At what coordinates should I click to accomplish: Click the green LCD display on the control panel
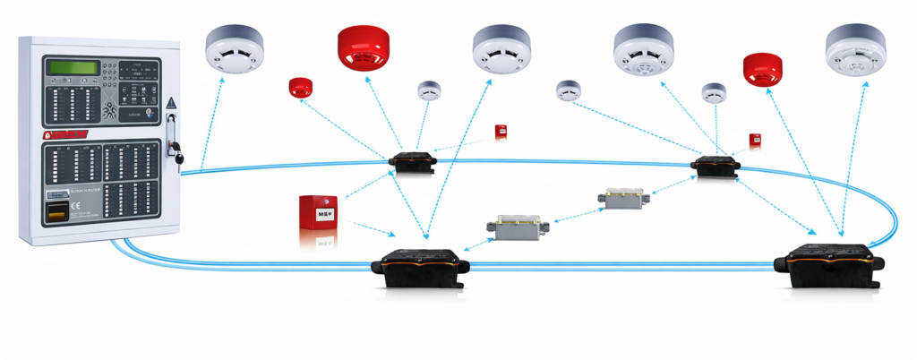point(72,67)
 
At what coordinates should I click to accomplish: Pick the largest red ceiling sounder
point(365,48)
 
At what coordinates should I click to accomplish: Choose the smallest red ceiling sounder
point(299,87)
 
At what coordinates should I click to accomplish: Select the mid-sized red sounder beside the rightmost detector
point(762,70)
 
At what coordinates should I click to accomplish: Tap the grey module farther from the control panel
point(625,198)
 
